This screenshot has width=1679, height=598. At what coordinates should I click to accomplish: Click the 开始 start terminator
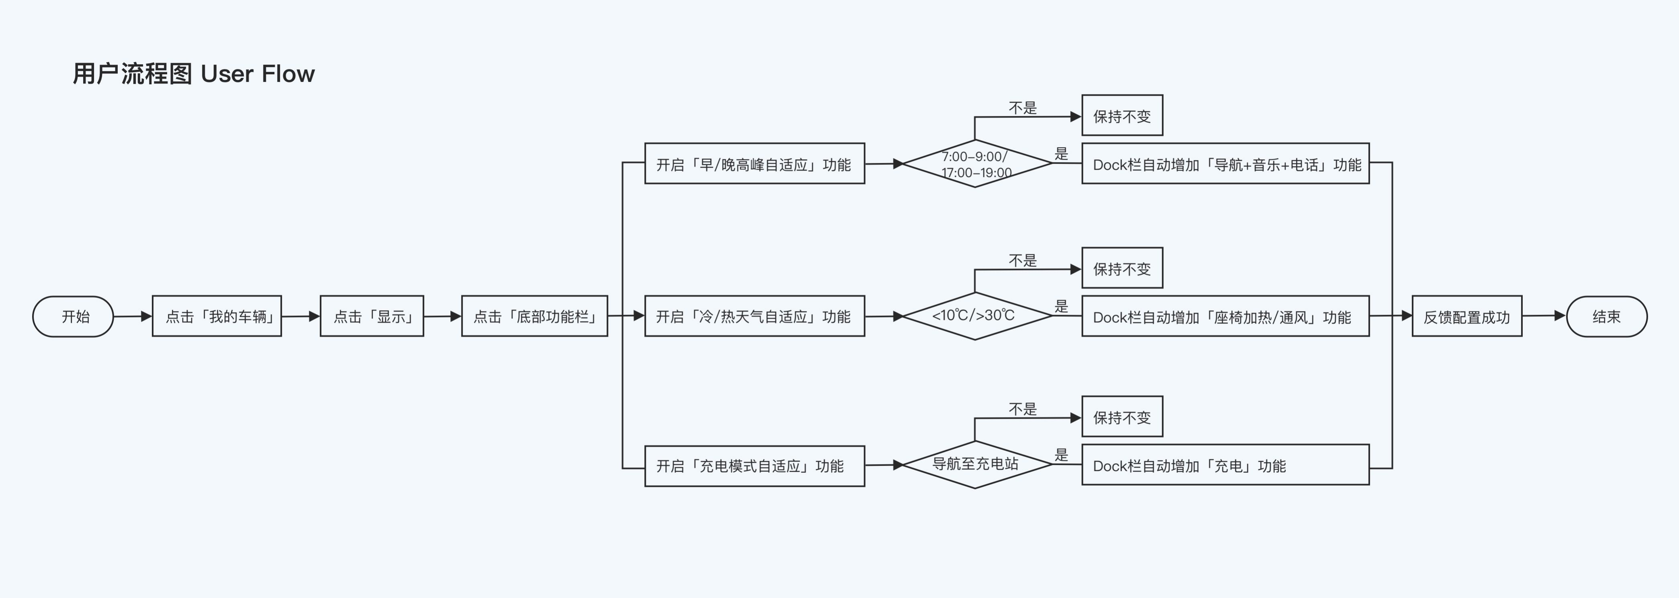point(73,317)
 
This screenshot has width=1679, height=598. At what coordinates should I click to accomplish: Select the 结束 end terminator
point(1607,317)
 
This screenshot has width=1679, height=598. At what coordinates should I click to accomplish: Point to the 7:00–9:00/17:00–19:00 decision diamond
point(975,163)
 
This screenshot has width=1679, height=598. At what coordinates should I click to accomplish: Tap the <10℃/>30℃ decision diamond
point(975,316)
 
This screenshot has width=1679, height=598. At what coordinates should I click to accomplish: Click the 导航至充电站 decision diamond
point(975,464)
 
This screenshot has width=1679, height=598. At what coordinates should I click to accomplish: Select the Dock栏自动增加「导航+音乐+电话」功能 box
point(1226,163)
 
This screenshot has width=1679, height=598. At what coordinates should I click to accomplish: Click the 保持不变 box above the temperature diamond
point(1122,268)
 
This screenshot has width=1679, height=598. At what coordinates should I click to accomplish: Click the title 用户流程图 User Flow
point(194,73)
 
